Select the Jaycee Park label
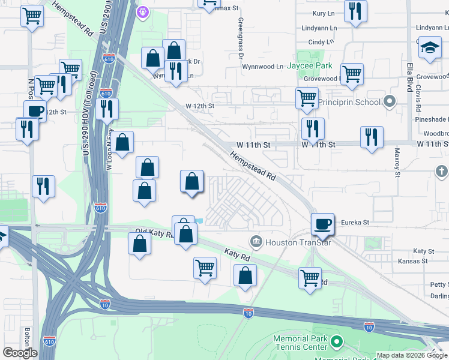[309, 65]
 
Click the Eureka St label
[354, 222]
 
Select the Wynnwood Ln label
[262, 67]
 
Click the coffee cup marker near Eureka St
[322, 224]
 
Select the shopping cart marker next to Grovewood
[352, 74]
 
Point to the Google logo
[20, 353]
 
